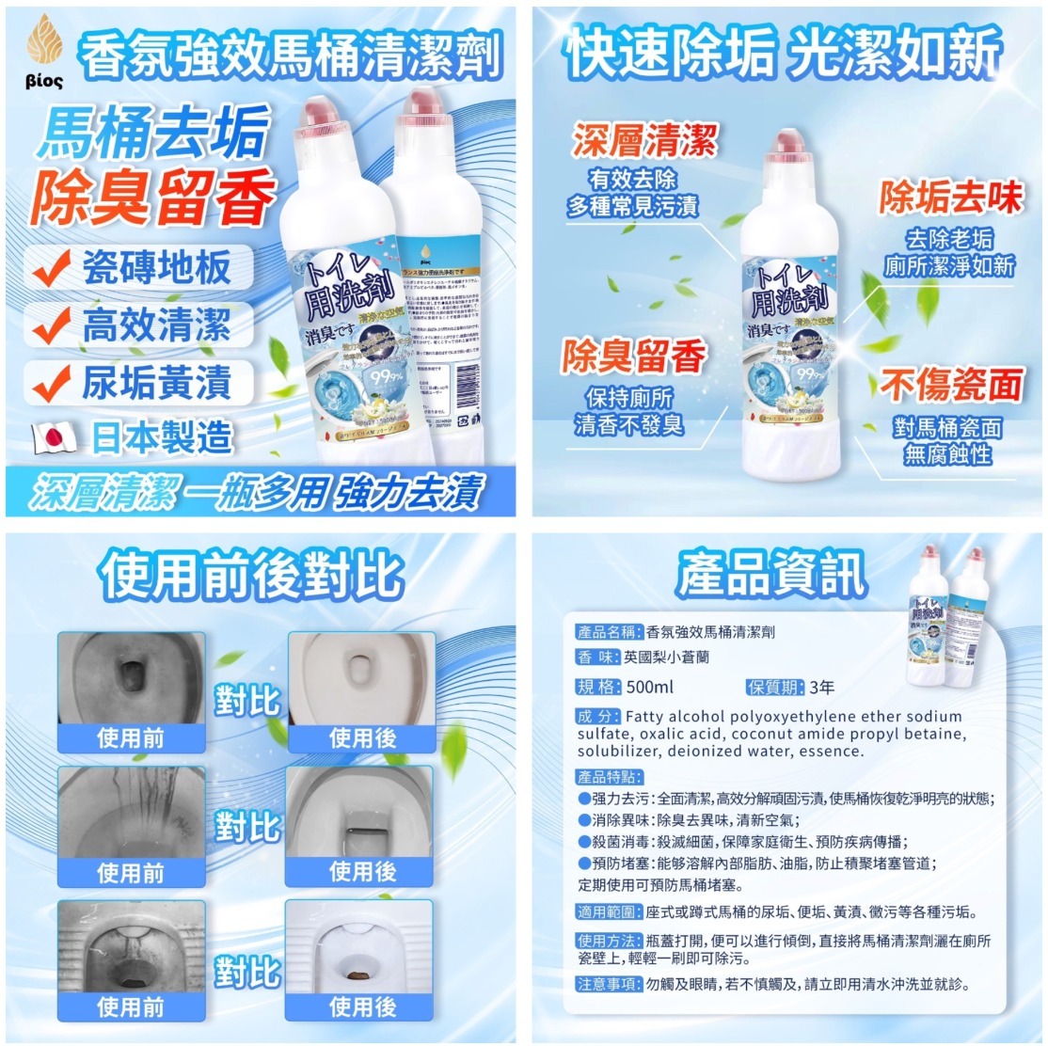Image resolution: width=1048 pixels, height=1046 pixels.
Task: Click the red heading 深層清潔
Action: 644,141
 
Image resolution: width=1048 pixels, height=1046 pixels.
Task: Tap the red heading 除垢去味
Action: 950,198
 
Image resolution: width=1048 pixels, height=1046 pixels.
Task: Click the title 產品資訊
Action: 770,577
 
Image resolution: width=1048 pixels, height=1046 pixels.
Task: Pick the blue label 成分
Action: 597,717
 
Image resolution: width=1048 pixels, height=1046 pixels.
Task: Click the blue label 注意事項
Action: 609,984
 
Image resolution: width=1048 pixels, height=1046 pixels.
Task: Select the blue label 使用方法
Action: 609,941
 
